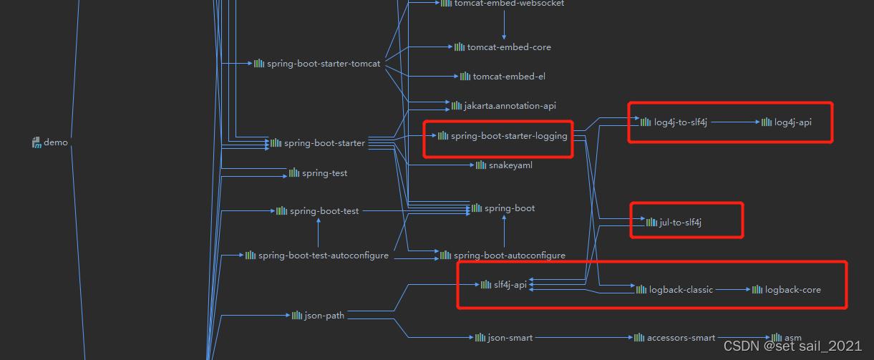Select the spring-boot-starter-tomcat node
pyautogui.click(x=323, y=64)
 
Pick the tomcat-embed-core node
pyautogui.click(x=508, y=47)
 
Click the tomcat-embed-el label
pyautogui.click(x=509, y=77)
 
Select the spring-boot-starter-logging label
pyautogui.click(x=508, y=135)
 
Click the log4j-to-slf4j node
pyautogui.click(x=680, y=122)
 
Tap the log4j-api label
pyautogui.click(x=792, y=122)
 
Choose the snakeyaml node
pyautogui.click(x=510, y=165)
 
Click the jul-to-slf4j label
pyautogui.click(x=680, y=223)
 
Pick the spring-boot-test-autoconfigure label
pyautogui.click(x=323, y=256)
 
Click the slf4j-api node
pyautogui.click(x=510, y=285)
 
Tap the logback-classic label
pyautogui.click(x=681, y=290)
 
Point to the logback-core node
pyautogui.click(x=792, y=290)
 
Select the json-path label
pyautogui.click(x=324, y=315)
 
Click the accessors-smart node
pyautogui.click(x=680, y=337)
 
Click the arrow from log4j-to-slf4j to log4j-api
pyautogui.click(x=734, y=122)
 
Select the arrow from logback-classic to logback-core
pyautogui.click(x=732, y=290)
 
